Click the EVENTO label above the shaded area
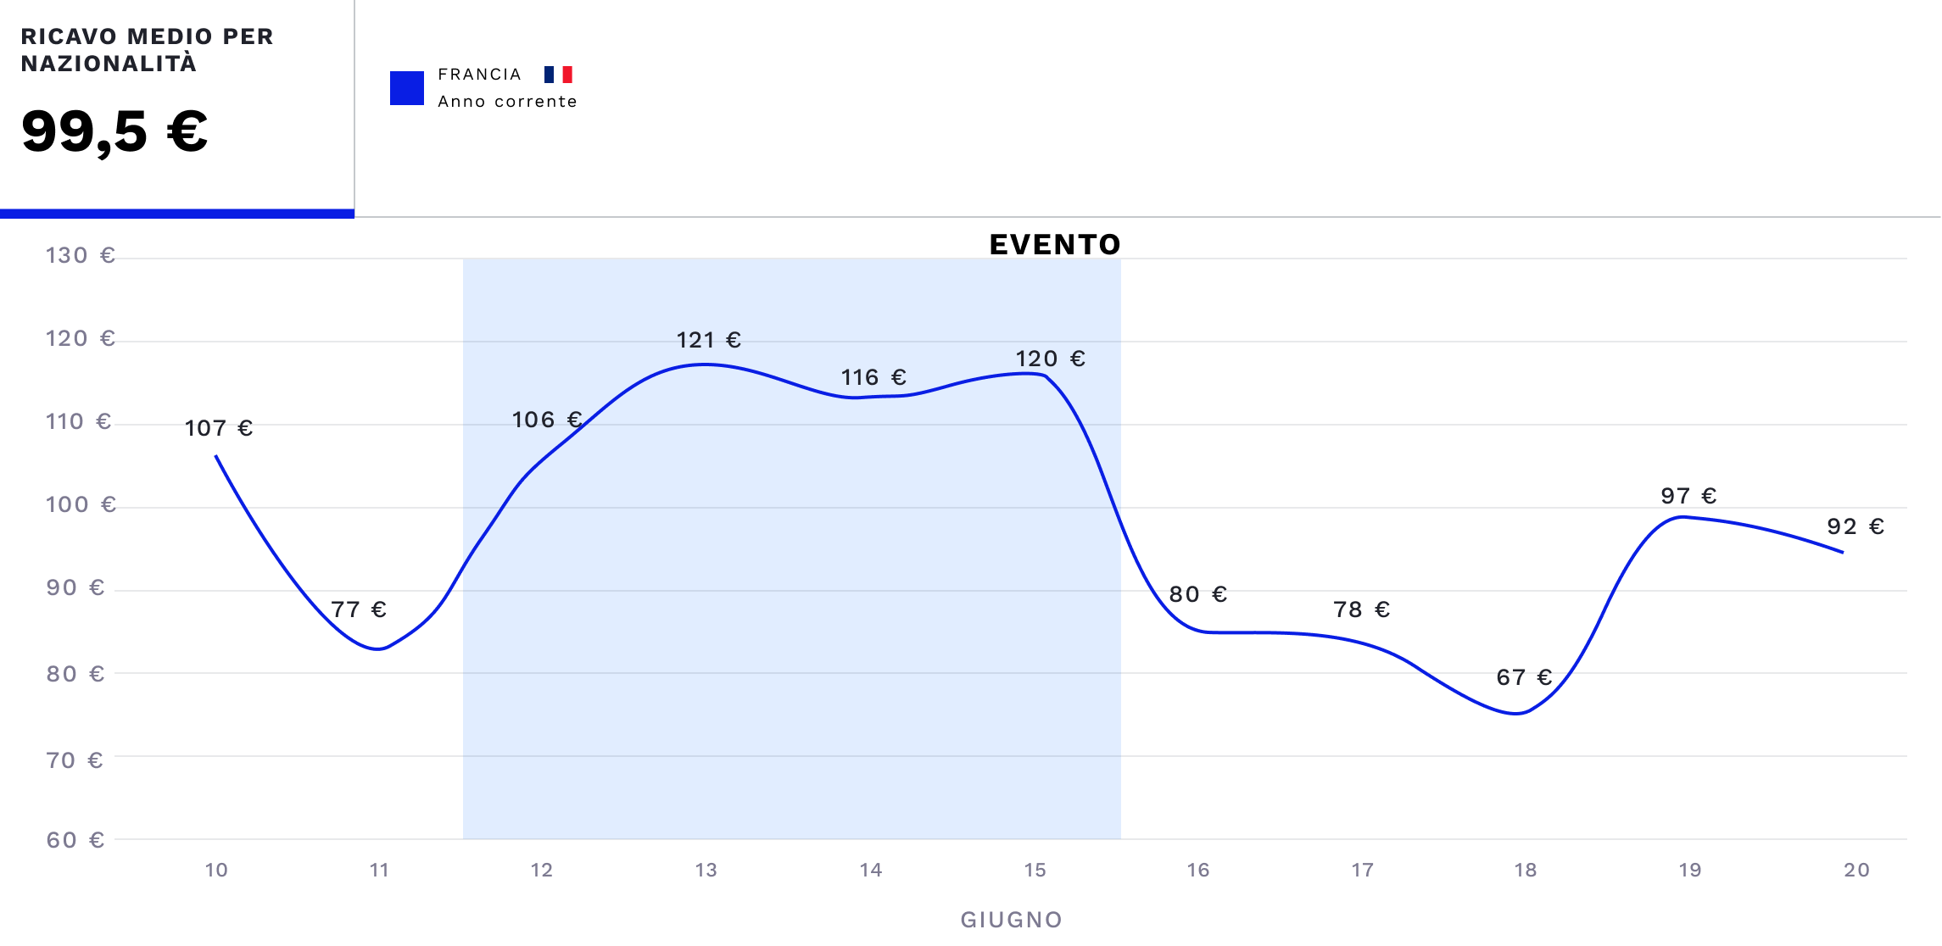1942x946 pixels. coord(1054,245)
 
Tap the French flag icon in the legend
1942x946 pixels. coord(558,75)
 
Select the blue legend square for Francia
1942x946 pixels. coord(406,88)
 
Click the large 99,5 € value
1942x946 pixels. coord(114,132)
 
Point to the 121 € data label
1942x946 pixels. coord(708,341)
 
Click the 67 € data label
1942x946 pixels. coord(1524,677)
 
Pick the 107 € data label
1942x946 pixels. coord(219,428)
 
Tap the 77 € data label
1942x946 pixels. coord(359,609)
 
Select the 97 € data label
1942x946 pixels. coord(1688,496)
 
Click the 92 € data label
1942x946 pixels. coord(1856,527)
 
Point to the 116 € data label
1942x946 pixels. coord(873,377)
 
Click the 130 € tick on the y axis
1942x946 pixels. coord(80,256)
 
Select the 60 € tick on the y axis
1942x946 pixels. coord(75,840)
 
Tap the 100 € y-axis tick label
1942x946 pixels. coord(80,505)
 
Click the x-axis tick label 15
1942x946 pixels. coord(1035,871)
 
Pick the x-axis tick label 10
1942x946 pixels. coord(216,871)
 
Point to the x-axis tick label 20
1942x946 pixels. coord(1856,871)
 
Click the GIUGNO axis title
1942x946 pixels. coord(1011,921)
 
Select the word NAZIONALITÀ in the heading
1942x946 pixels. coord(109,64)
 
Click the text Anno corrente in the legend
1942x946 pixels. coord(507,102)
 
